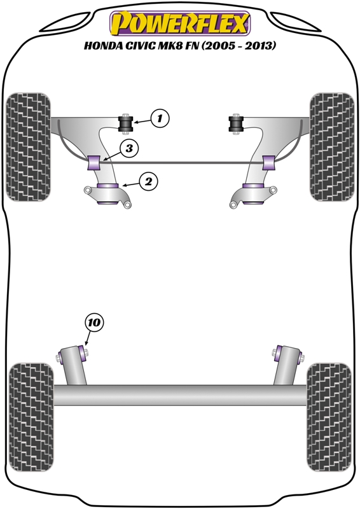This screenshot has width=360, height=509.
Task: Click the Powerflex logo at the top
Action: coord(180,23)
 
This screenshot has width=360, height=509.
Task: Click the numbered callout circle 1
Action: coord(160,118)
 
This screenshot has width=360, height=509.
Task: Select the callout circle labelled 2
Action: coord(148,181)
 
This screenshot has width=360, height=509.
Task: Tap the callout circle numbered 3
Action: coord(129,148)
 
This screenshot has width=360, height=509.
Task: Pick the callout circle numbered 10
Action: coord(93,323)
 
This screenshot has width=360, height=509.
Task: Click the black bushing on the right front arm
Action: coord(236,123)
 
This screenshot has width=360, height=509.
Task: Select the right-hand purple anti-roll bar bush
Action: coord(269,163)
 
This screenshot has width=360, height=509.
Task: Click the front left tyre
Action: coord(28,147)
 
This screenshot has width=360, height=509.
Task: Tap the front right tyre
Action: coord(332,147)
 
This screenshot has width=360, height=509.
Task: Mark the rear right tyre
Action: coord(329,417)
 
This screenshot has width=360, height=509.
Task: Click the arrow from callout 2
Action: coord(131,185)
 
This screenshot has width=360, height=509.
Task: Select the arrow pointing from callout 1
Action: coord(142,122)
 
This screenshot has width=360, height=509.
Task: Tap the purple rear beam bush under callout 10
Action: coord(82,352)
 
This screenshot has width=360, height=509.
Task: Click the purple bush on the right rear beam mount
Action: coord(278,352)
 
